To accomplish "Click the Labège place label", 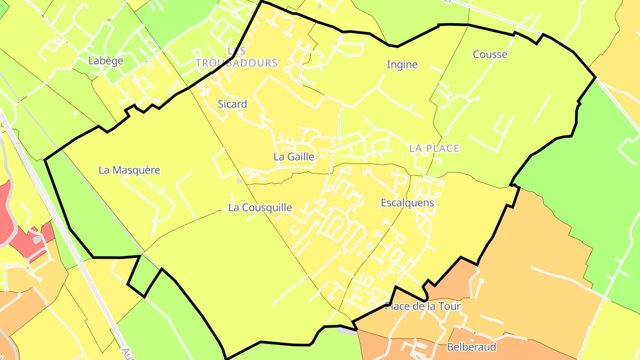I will [x=106, y=61].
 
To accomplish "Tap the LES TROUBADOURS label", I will [x=236, y=57].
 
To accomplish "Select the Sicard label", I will [x=232, y=104].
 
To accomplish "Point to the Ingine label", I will [x=402, y=64].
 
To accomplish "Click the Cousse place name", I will [x=490, y=54].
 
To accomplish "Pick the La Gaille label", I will [x=294, y=156].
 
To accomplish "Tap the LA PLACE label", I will [x=434, y=148].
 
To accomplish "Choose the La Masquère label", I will [x=129, y=170].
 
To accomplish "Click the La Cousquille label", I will [x=260, y=208].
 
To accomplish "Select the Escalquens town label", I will [x=407, y=203].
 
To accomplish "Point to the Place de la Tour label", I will [x=422, y=306].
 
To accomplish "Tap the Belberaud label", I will [x=472, y=347].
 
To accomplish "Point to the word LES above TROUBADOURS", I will [x=236, y=51].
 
